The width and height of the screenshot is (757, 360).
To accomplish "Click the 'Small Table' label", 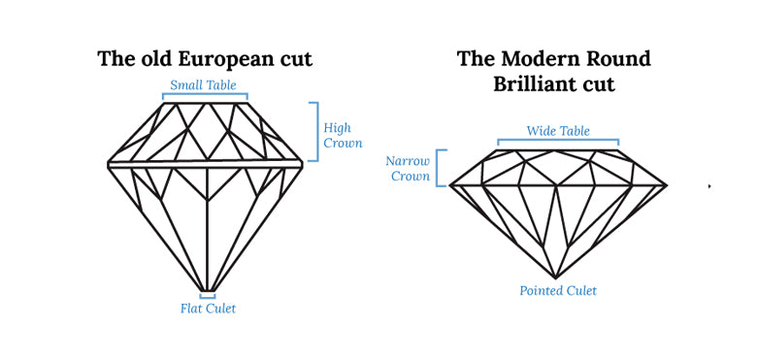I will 205,84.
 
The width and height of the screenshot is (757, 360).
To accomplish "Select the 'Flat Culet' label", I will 208,309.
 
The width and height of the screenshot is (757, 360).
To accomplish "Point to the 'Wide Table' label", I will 558,131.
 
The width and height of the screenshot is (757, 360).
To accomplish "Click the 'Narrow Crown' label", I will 409,168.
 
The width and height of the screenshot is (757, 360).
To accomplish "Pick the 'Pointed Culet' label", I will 558,290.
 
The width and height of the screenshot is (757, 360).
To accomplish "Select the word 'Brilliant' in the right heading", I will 536,83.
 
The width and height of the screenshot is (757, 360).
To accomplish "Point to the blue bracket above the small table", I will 205,96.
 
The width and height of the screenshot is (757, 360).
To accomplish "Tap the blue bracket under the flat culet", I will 208,297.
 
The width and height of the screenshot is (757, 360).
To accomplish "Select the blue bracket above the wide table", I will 558,143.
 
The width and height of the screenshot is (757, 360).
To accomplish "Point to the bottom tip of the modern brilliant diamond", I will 556,278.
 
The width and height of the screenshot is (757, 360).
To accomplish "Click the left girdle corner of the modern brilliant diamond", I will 450,184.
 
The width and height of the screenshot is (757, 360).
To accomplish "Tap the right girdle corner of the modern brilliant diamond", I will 666,184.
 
